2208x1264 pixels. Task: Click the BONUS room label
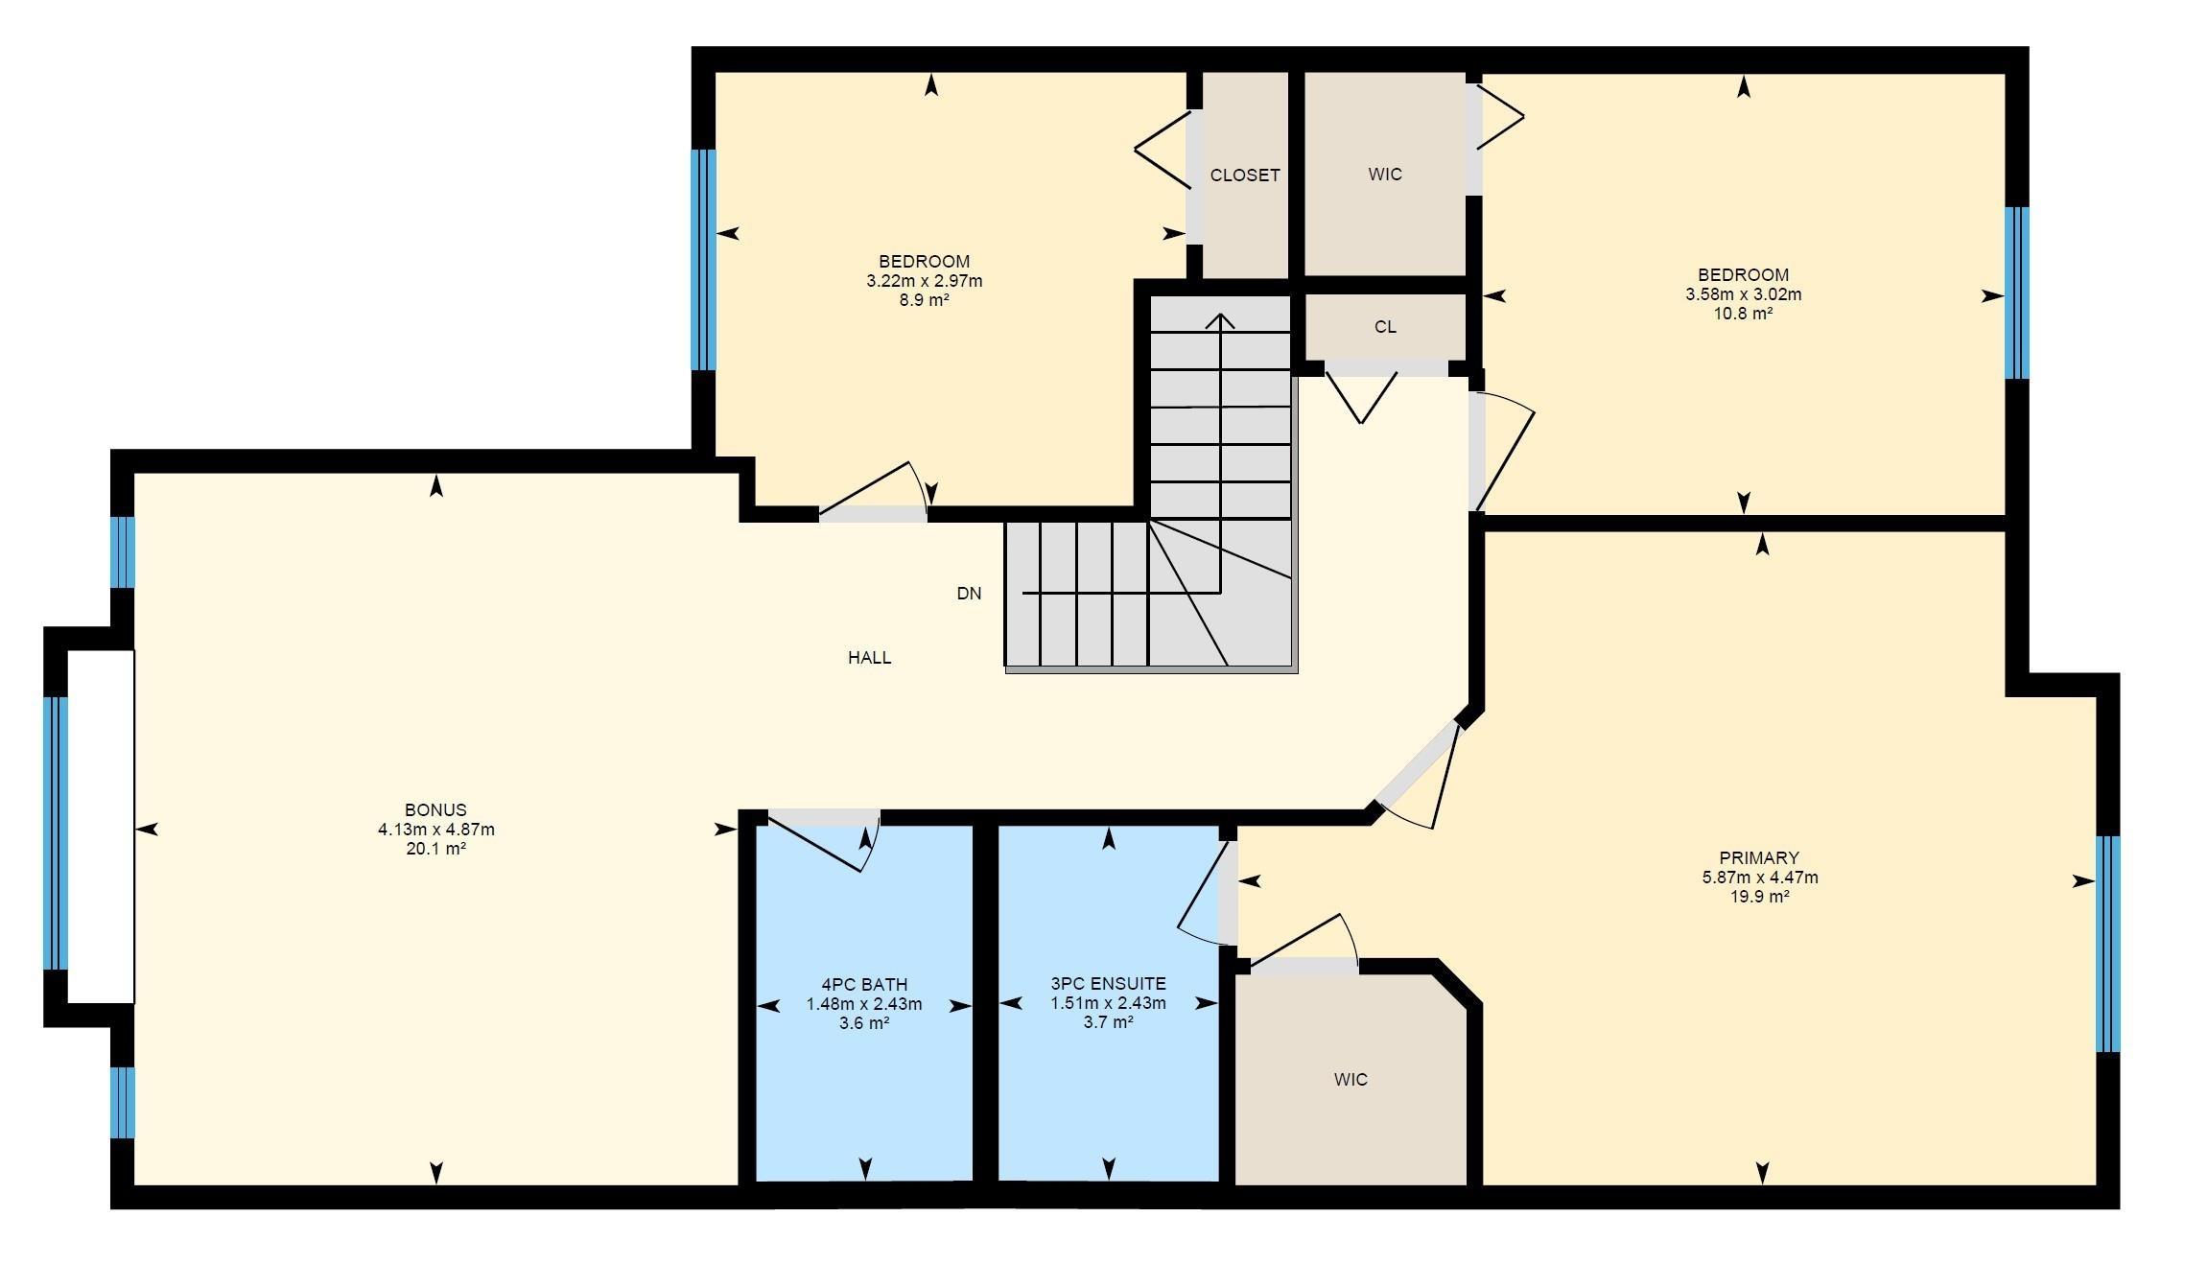[435, 809]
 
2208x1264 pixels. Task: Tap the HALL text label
[869, 658]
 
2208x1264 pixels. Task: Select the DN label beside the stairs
[969, 594]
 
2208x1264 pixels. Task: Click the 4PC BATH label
[864, 985]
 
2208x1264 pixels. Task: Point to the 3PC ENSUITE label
[1108, 984]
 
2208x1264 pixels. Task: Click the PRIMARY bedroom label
[1758, 858]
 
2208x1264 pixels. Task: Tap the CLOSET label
[1244, 176]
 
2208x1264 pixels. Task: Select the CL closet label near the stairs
[1384, 327]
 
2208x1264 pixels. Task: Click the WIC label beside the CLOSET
[1384, 175]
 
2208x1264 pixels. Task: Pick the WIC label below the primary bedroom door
[1350, 1080]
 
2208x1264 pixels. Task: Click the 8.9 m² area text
[924, 300]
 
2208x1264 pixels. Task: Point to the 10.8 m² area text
[1743, 314]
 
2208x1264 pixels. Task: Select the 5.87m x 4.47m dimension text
[1759, 878]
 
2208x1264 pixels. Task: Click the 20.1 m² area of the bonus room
[435, 849]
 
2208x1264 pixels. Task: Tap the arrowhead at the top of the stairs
[1220, 319]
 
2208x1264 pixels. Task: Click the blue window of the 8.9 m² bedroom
[703, 259]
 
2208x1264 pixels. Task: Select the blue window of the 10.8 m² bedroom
[2016, 293]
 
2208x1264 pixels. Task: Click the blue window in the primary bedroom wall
[2106, 944]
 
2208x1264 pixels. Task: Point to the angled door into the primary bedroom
[1418, 762]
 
